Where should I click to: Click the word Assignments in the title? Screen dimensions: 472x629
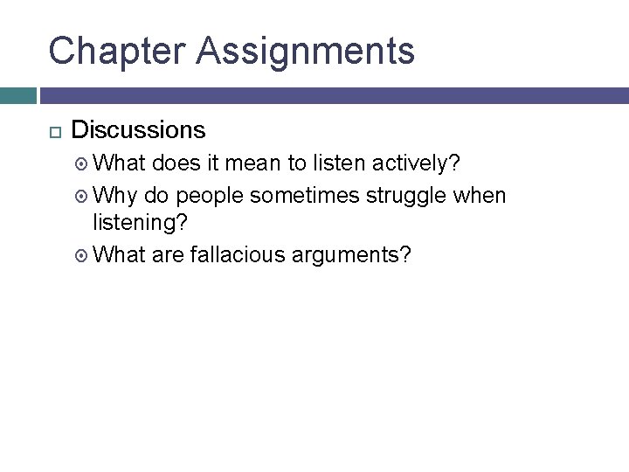click(x=306, y=51)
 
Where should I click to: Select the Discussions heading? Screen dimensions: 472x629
click(x=138, y=130)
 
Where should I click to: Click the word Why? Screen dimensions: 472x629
click(x=112, y=195)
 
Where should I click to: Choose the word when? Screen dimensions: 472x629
click(x=480, y=195)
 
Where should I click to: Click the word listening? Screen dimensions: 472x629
click(x=139, y=223)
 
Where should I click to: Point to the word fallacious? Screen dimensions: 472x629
click(x=227, y=255)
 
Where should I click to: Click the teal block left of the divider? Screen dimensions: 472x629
click(x=17, y=95)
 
